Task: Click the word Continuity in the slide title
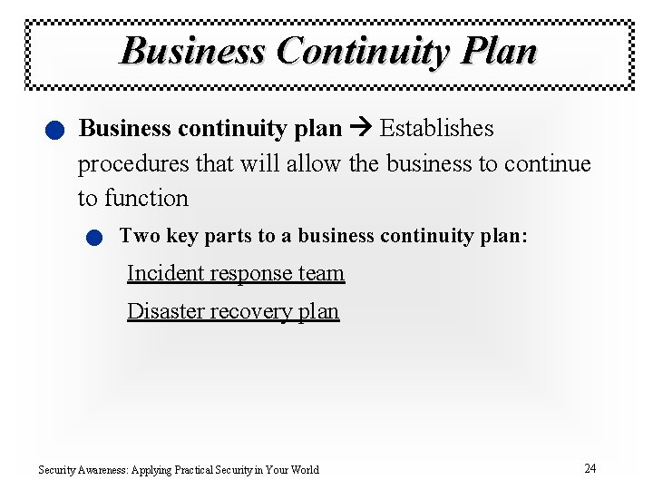click(362, 51)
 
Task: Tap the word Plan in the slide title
click(499, 51)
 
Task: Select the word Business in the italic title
click(192, 51)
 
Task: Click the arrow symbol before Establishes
click(360, 129)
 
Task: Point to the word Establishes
click(436, 129)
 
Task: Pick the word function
click(146, 199)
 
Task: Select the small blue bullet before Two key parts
click(93, 239)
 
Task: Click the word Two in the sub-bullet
click(139, 236)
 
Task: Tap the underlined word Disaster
click(165, 311)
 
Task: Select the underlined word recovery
click(251, 311)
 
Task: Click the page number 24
click(590, 468)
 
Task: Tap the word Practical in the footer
click(204, 470)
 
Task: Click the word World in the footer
click(304, 470)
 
